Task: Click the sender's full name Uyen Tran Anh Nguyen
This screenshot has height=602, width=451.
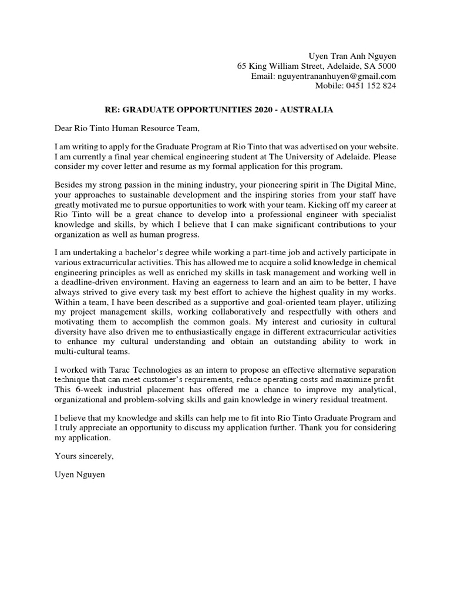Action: [x=352, y=55]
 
